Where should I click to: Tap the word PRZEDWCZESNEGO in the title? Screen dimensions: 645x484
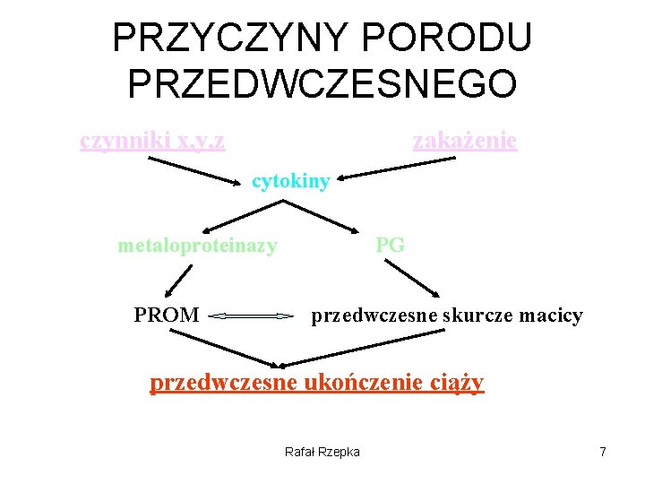click(322, 83)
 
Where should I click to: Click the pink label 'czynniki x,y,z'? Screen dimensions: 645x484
click(152, 141)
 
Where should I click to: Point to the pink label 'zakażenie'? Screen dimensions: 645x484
click(464, 141)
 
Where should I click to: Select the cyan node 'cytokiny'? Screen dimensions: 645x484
click(291, 182)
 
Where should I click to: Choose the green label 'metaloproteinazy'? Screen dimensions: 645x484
click(197, 245)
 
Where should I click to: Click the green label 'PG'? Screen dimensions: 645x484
click(391, 244)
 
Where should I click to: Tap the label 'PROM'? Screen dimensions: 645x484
click(167, 315)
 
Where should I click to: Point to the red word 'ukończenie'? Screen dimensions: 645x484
click(358, 383)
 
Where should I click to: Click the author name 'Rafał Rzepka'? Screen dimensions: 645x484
click(322, 452)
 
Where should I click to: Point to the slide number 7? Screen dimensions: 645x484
click(603, 452)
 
